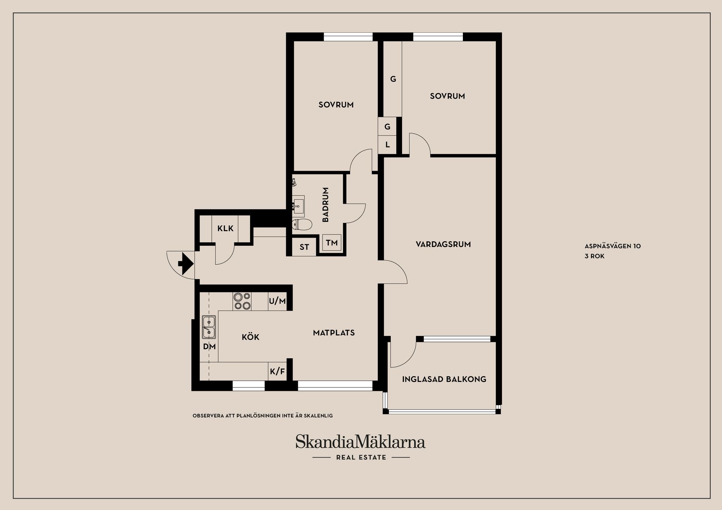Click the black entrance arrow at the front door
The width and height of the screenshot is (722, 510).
pyautogui.click(x=186, y=263)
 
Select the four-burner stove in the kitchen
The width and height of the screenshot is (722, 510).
pyautogui.click(x=242, y=301)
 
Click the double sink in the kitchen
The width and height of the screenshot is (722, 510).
pyautogui.click(x=209, y=327)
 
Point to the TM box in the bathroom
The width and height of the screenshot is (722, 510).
pyautogui.click(x=332, y=243)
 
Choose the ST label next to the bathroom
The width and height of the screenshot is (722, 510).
pyautogui.click(x=304, y=247)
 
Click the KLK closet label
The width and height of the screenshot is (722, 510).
pyautogui.click(x=225, y=228)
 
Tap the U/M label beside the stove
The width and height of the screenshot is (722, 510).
pyautogui.click(x=278, y=301)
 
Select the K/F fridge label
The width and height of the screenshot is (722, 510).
pyautogui.click(x=278, y=372)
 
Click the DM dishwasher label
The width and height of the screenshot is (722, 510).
pyautogui.click(x=209, y=347)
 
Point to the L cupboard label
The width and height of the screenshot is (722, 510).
pyautogui.click(x=388, y=145)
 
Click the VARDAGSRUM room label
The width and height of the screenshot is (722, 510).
pyautogui.click(x=443, y=244)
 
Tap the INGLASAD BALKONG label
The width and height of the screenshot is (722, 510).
pyautogui.click(x=444, y=379)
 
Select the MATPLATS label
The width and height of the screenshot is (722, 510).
pyautogui.click(x=334, y=333)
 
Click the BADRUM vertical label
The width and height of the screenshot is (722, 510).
pyautogui.click(x=326, y=204)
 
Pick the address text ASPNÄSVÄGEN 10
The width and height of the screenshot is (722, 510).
pyautogui.click(x=613, y=246)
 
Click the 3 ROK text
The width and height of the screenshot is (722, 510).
pyautogui.click(x=595, y=256)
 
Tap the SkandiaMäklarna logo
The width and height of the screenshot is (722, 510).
pyautogui.click(x=360, y=442)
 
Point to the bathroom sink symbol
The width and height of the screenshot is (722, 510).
pyautogui.click(x=298, y=204)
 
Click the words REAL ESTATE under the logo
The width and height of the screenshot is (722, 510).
pyautogui.click(x=361, y=457)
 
